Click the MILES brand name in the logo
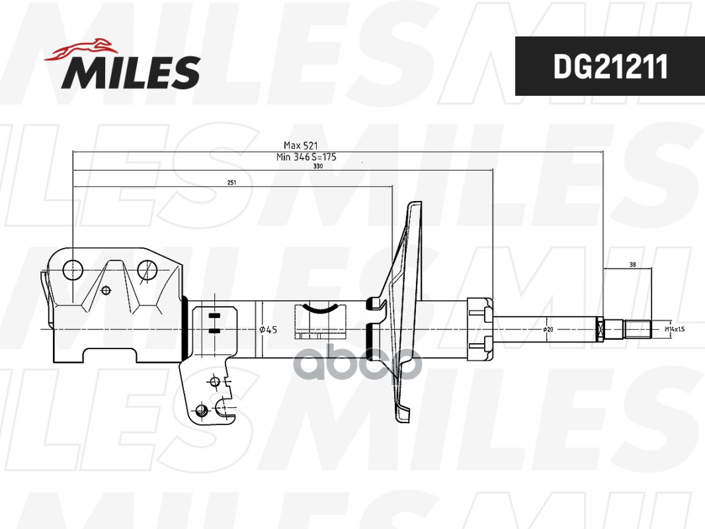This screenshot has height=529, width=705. click(131, 72)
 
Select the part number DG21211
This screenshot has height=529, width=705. click(610, 66)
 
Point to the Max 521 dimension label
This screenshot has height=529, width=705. click(302, 145)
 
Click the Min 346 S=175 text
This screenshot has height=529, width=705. click(306, 157)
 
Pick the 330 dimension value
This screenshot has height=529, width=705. click(318, 167)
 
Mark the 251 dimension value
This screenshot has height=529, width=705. click(231, 182)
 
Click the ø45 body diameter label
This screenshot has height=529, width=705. click(268, 329)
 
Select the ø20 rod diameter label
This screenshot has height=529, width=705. click(548, 329)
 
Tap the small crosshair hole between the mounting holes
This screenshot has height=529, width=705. click(106, 289)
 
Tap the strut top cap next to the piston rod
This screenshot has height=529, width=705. click(480, 328)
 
